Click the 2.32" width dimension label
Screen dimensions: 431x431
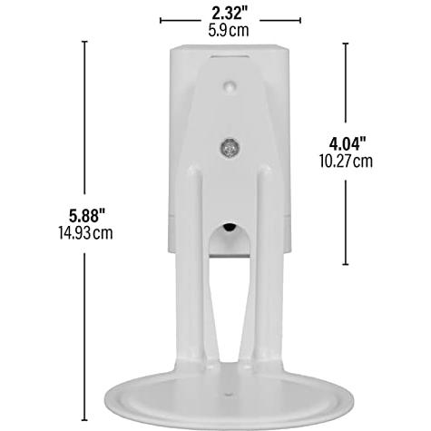[230, 14]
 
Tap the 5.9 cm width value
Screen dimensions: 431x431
[229, 31]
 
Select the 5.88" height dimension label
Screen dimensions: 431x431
[87, 216]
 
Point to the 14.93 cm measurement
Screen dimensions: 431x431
[85, 233]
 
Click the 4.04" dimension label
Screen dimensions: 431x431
[348, 143]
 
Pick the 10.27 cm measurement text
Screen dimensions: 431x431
[346, 162]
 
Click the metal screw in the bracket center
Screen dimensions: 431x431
[230, 147]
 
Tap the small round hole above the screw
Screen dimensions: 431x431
[230, 85]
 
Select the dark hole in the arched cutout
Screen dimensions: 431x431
[229, 228]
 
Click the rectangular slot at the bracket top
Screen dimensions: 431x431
[230, 56]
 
